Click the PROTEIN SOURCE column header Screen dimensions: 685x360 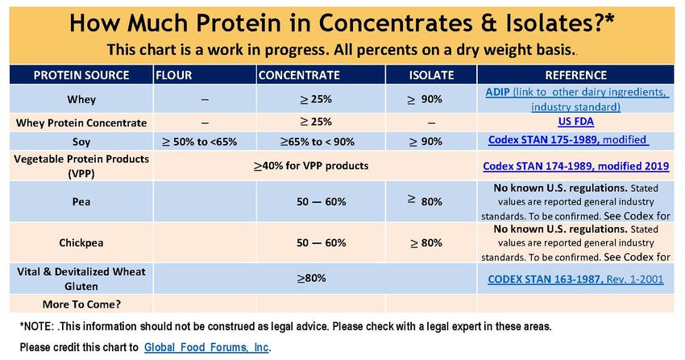(81, 75)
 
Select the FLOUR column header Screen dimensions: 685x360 (174, 75)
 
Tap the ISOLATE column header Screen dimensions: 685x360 (431, 75)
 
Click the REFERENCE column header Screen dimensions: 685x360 (575, 75)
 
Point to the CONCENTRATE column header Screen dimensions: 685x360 (299, 75)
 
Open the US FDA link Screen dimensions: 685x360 (575, 122)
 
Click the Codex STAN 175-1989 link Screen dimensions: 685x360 (567, 140)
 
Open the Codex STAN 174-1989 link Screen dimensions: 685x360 (575, 166)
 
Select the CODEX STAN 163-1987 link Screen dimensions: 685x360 (575, 279)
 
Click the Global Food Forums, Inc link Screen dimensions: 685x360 (206, 347)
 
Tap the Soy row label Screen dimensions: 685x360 (81, 142)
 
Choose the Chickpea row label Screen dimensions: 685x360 (81, 242)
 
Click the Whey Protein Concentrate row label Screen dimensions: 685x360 (81, 123)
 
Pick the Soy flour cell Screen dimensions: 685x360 (200, 142)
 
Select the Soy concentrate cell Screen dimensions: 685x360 (318, 142)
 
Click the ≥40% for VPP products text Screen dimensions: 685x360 (311, 166)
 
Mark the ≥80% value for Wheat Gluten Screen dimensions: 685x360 (312, 278)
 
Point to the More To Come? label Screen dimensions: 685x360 (81, 304)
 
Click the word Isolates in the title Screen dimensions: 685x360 (561, 23)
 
